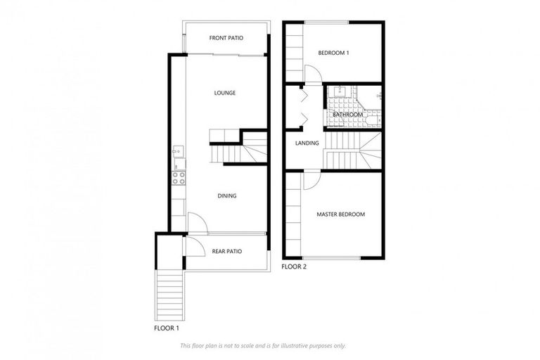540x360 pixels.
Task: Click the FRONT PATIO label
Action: pyautogui.click(x=226, y=37)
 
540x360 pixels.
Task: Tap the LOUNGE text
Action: pyautogui.click(x=225, y=93)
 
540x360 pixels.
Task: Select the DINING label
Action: pyautogui.click(x=226, y=196)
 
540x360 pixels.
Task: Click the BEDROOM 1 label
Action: pyautogui.click(x=333, y=53)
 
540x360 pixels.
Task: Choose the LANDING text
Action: pyautogui.click(x=307, y=143)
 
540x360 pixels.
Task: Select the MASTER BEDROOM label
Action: pyautogui.click(x=340, y=214)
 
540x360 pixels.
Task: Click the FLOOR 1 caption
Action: pyautogui.click(x=167, y=328)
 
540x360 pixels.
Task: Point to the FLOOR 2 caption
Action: pyautogui.click(x=294, y=267)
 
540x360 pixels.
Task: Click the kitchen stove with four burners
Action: pyautogui.click(x=179, y=178)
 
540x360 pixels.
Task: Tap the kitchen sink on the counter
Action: pyautogui.click(x=178, y=150)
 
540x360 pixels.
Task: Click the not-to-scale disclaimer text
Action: pyautogui.click(x=263, y=345)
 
